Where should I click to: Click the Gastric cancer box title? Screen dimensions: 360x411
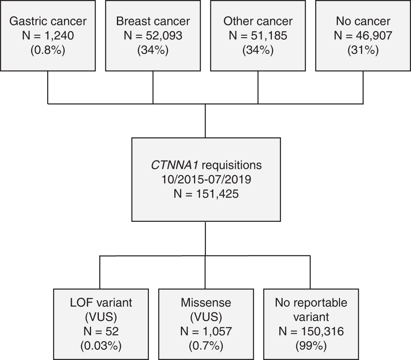[48, 21]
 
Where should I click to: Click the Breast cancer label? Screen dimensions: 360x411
[153, 21]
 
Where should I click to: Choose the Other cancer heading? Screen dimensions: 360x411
[258, 21]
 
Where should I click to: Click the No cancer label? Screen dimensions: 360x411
[363, 21]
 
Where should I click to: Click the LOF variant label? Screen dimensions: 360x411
[100, 303]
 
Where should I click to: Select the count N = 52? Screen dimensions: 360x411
[100, 331]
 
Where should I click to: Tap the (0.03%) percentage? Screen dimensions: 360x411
[100, 345]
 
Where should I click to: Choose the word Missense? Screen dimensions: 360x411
[205, 303]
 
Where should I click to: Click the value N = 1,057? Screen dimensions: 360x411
[205, 331]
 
